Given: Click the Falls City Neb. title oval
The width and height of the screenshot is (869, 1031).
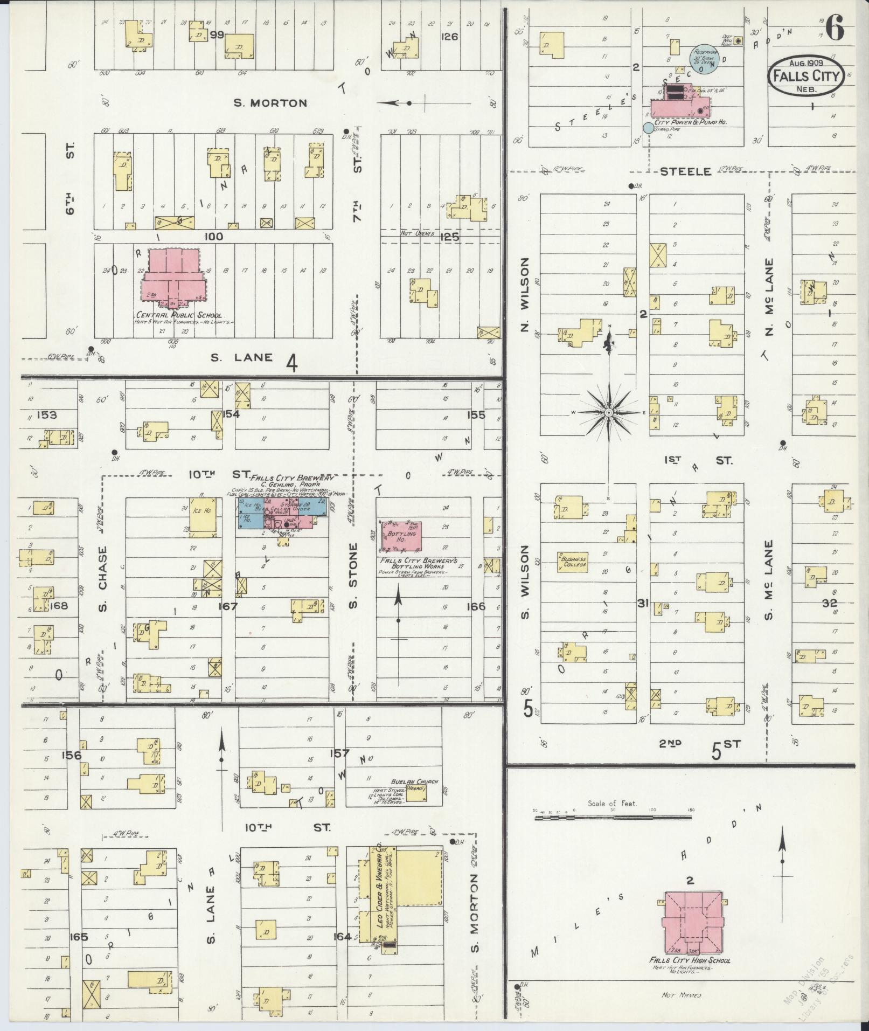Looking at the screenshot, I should pyautogui.click(x=805, y=77).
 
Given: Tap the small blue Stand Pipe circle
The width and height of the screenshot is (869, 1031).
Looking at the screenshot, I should pyautogui.click(x=647, y=128).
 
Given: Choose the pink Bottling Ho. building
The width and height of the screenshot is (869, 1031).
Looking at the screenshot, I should pyautogui.click(x=401, y=536).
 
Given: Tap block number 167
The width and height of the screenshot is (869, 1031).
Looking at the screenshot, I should pyautogui.click(x=227, y=606).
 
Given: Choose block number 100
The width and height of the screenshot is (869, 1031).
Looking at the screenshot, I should pyautogui.click(x=214, y=236).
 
